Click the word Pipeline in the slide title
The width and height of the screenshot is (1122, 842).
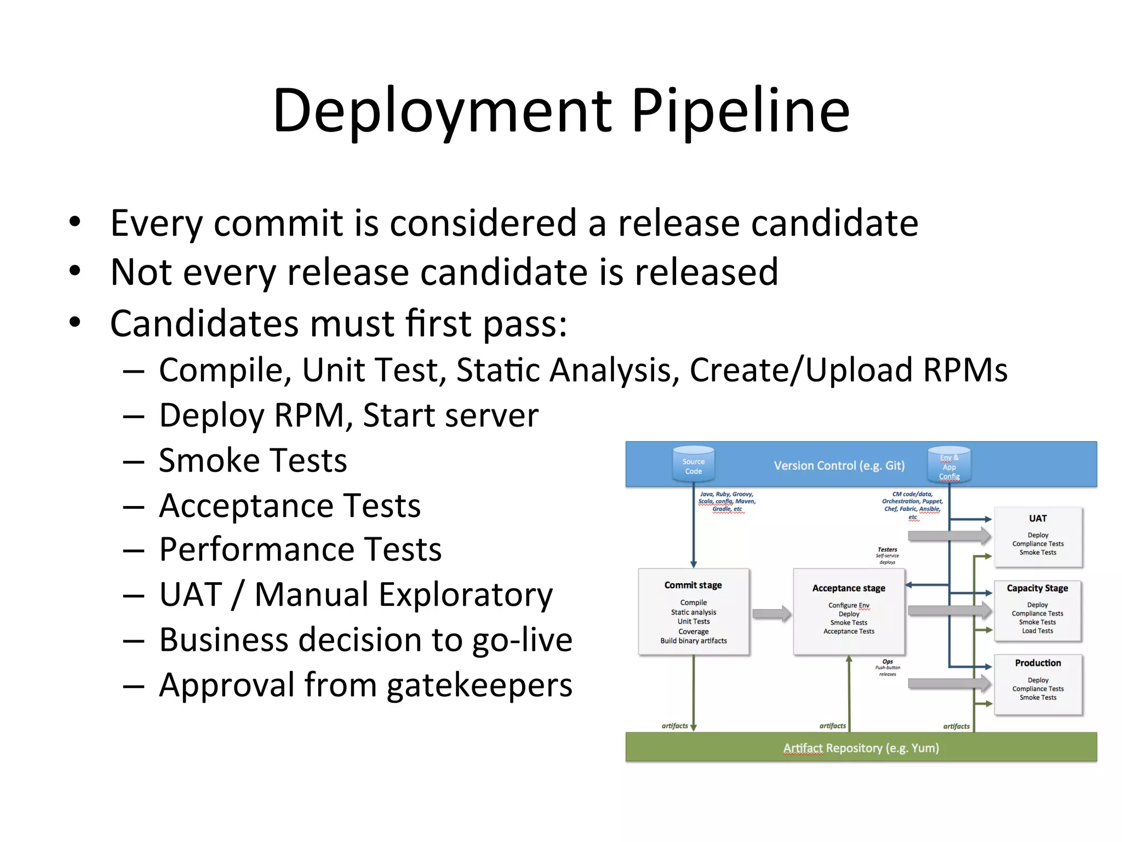click(x=740, y=111)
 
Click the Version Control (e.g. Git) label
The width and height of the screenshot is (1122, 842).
click(x=839, y=465)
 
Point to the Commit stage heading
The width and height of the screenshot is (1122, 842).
click(x=693, y=585)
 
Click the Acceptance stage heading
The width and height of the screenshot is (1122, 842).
click(x=849, y=588)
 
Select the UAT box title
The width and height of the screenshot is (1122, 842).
click(x=1038, y=518)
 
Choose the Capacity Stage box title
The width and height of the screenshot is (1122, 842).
click(x=1037, y=588)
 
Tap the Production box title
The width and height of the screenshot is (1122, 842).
click(x=1038, y=663)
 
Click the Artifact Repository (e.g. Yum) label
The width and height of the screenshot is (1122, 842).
click(x=861, y=748)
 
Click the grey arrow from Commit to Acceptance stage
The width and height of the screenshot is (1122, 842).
click(x=771, y=614)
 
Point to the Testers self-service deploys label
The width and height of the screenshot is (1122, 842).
click(x=887, y=555)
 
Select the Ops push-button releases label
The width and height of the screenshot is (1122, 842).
click(x=888, y=667)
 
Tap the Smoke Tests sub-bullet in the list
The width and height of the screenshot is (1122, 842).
click(x=253, y=460)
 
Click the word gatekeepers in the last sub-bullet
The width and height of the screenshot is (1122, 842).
click(x=479, y=685)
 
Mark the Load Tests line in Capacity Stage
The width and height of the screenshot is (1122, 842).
click(x=1037, y=631)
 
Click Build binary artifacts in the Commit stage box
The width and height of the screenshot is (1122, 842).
click(x=693, y=641)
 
